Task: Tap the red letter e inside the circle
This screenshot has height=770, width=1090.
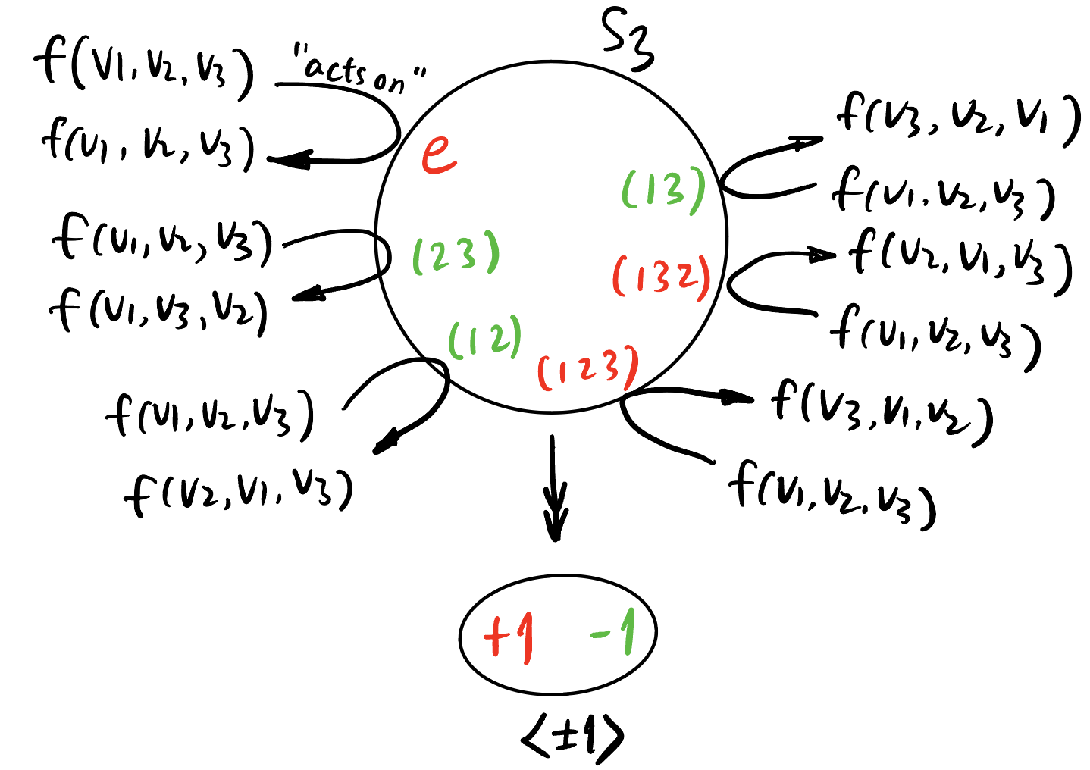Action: [439, 154]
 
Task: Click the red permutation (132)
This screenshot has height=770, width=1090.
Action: [661, 277]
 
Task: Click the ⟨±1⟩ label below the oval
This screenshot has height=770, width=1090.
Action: [572, 735]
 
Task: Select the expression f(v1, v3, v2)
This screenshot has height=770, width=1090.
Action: [159, 311]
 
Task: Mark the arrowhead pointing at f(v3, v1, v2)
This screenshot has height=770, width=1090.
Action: [739, 398]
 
